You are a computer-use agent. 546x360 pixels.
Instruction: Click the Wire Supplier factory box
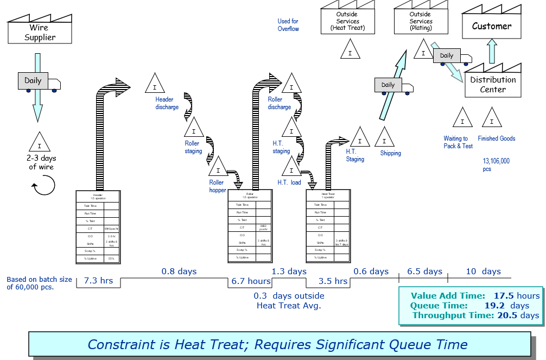tap(40, 33)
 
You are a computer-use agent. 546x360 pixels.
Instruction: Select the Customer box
tap(491, 27)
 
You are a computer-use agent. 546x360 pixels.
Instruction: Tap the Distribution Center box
tap(493, 85)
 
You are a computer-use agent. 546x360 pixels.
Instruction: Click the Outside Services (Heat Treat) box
tap(347, 22)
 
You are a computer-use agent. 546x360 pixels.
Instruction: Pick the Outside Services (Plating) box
tap(421, 22)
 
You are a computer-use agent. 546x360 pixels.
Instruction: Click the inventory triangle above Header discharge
tap(155, 84)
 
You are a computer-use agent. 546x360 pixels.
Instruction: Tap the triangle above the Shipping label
tap(385, 138)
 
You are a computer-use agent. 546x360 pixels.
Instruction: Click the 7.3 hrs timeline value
tap(98, 281)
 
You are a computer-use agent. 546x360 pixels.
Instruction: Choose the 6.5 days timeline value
tap(424, 271)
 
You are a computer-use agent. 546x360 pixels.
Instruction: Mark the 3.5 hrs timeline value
tap(333, 281)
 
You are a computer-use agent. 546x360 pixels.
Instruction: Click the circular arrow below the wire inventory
tap(43, 188)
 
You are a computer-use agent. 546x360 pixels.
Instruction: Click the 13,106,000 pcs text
tap(496, 165)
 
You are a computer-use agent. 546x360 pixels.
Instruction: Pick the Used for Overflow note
tap(288, 25)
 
